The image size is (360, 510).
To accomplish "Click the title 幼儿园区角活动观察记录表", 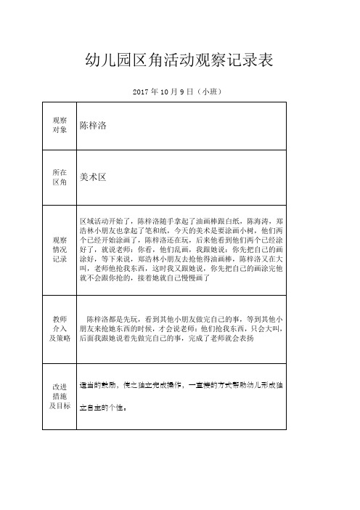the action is pos(179,60).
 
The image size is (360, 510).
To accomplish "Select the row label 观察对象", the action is pos(60,124).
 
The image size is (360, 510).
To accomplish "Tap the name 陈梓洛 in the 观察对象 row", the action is pos(93,126).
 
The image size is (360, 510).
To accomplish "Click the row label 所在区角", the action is pos(60,177).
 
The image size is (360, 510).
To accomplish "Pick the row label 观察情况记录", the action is pos(60,248).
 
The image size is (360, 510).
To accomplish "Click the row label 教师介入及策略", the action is pos(60,328).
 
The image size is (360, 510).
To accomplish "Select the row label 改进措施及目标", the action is pos(60,395).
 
